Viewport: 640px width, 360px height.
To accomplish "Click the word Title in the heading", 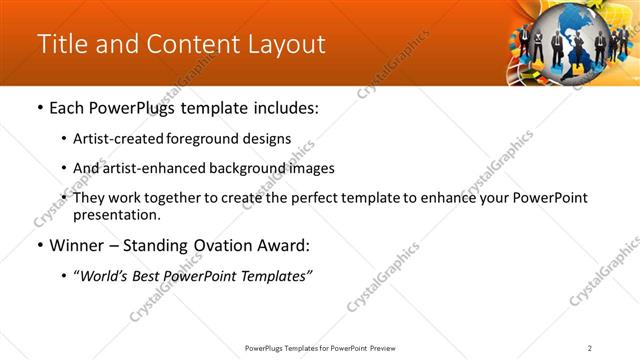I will pos(62,45).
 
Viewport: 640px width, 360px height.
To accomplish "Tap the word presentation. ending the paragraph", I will pos(116,214).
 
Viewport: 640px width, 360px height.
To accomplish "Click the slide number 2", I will pos(590,348).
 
